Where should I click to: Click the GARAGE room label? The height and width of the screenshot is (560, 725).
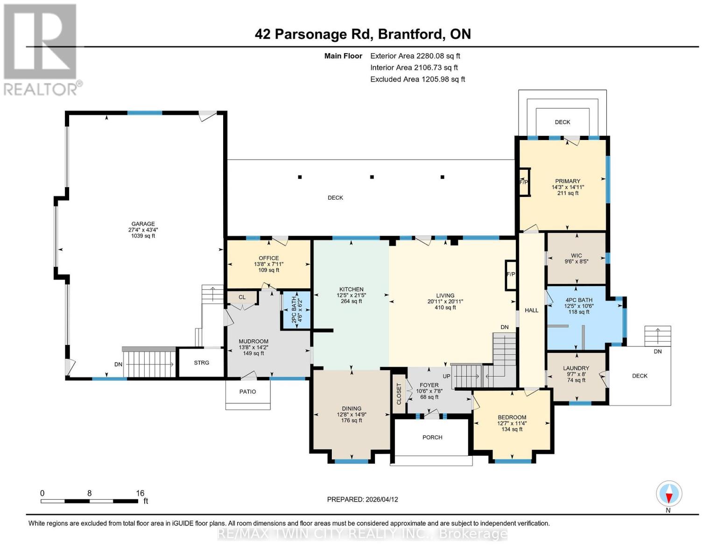142,224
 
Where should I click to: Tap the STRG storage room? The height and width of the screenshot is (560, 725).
202,363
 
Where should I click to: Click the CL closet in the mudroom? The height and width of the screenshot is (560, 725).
242,297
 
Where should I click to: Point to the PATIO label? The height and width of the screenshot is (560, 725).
247,392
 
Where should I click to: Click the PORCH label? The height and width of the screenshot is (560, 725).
432,437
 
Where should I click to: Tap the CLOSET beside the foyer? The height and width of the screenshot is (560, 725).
399,394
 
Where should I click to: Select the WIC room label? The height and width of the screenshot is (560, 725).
576,256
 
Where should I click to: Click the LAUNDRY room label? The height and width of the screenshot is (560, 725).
576,368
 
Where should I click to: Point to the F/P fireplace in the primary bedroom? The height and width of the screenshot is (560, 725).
524,182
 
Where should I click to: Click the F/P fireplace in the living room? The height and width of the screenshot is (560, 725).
511,274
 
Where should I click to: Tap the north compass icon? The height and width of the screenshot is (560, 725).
669,494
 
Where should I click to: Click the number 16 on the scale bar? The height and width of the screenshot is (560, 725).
140,493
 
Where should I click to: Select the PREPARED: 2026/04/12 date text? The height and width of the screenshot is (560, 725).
362,499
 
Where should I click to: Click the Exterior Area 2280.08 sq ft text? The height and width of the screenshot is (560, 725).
415,56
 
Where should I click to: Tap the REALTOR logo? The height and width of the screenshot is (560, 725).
41,49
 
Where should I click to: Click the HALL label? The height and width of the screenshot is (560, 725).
532,310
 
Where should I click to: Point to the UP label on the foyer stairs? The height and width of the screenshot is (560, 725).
446,376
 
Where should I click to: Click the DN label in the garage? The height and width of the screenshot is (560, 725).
119,364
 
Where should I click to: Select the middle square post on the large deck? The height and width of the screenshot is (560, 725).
372,177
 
